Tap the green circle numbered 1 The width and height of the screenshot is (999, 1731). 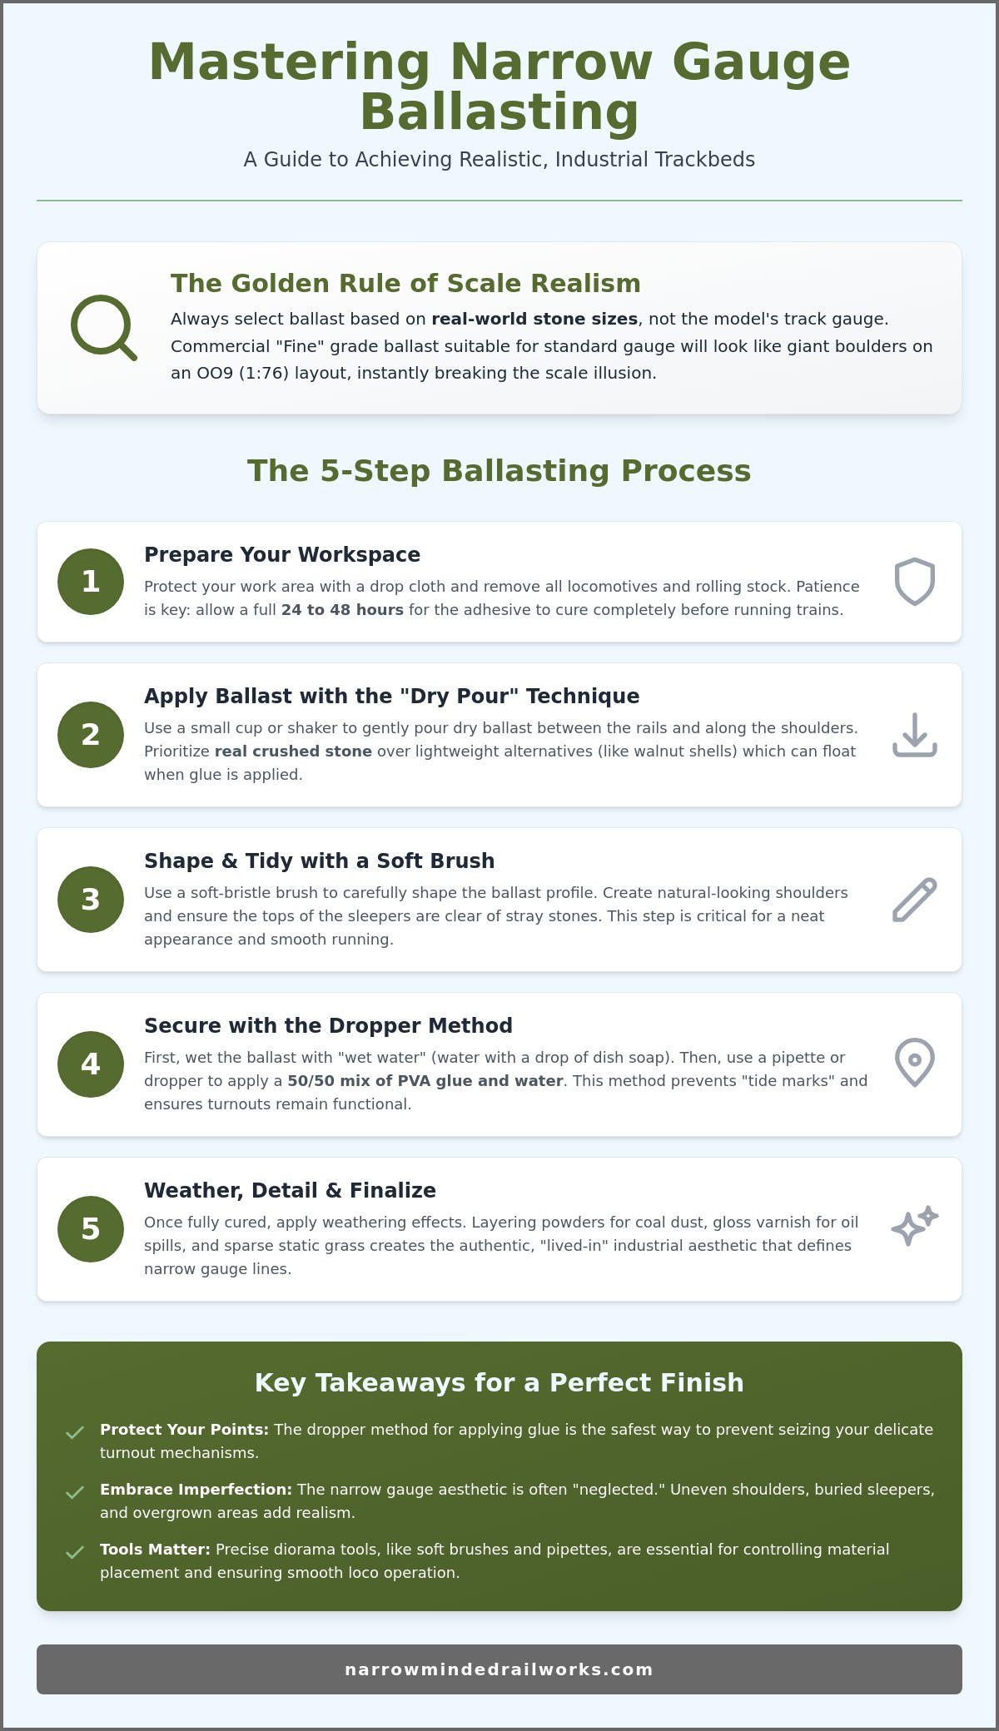[x=91, y=582]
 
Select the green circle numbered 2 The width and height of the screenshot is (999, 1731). [x=91, y=735]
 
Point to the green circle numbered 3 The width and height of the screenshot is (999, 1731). [x=91, y=900]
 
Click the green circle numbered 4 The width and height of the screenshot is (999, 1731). [x=91, y=1064]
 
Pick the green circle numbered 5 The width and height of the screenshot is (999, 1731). [x=91, y=1229]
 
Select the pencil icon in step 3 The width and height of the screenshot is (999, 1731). [x=915, y=900]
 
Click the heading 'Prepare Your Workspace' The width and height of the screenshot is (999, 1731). [x=282, y=554]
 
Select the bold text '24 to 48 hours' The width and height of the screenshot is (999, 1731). [x=342, y=610]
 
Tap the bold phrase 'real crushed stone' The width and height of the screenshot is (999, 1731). [x=293, y=751]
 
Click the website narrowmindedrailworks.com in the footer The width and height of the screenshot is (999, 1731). [x=499, y=1669]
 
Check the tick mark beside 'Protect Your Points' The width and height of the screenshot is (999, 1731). [x=75, y=1432]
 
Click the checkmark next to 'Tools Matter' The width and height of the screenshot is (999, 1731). [x=75, y=1552]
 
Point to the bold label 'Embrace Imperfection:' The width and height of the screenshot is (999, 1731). [x=196, y=1490]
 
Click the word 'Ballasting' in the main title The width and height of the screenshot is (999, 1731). [x=499, y=112]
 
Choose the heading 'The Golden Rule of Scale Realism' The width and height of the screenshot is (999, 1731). [x=405, y=283]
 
